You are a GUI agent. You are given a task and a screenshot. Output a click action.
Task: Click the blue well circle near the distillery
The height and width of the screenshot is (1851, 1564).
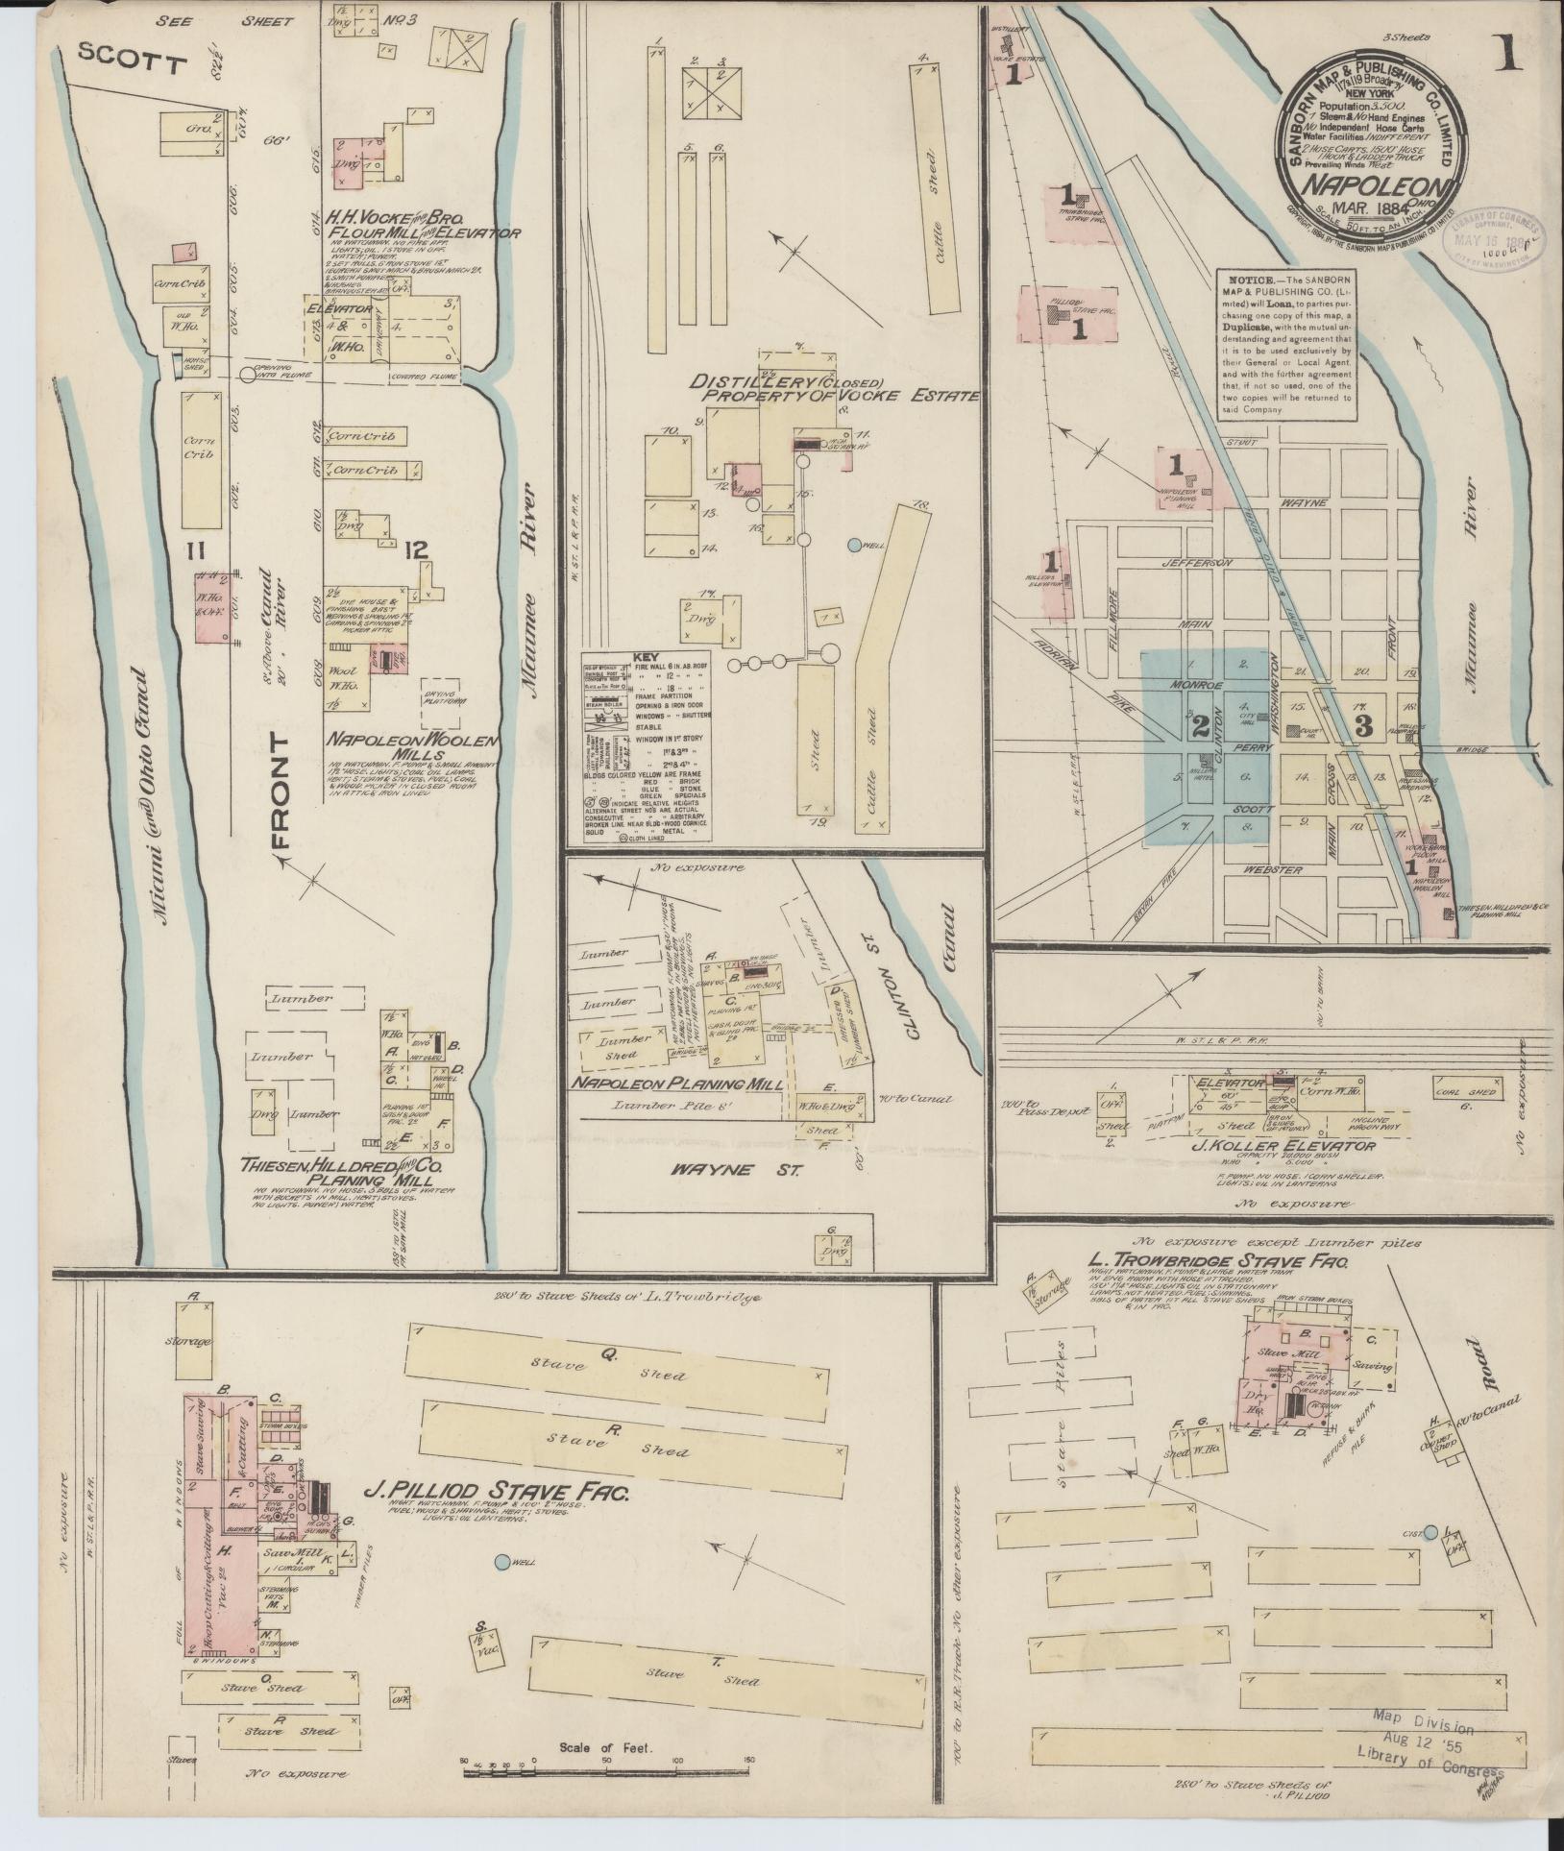pos(855,545)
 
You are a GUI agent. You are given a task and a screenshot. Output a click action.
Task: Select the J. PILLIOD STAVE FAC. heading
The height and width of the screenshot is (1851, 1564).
pos(497,1492)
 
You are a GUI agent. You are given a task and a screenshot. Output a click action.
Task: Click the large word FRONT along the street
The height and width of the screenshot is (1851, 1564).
pos(281,792)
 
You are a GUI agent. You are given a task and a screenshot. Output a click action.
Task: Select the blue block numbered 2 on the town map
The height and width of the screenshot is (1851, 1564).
pos(1199,727)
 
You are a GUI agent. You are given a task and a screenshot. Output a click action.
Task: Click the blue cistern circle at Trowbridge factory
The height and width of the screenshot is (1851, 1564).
pos(1430,1532)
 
